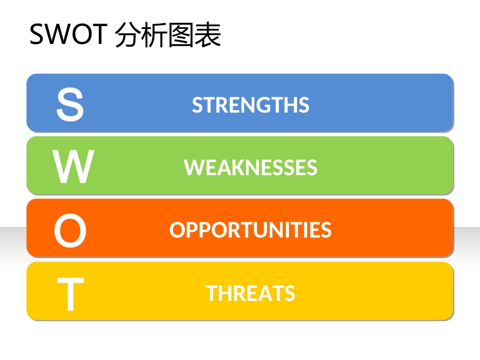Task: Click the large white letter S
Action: tap(70, 105)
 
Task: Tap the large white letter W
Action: tap(73, 168)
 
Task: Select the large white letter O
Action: tap(70, 231)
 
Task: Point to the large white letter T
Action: tap(70, 294)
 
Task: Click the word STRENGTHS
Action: tap(251, 105)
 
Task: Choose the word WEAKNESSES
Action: tap(251, 168)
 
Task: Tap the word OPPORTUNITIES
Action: tap(251, 230)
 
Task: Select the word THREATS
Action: tap(251, 293)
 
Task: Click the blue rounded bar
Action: tap(354, 103)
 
